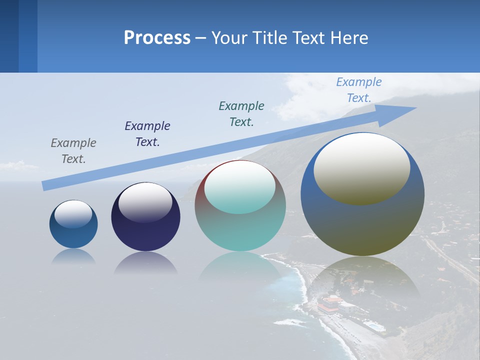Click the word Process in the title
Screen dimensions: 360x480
pos(157,38)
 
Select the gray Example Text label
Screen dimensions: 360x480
pos(73,150)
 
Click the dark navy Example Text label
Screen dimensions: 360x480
pos(147,133)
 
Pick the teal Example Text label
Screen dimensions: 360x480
pos(241,113)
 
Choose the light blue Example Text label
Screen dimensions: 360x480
pos(359,90)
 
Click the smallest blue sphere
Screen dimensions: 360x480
pos(73,235)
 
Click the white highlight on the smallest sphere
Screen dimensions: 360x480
pos(73,213)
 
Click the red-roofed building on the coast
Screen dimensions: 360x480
pos(330,303)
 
